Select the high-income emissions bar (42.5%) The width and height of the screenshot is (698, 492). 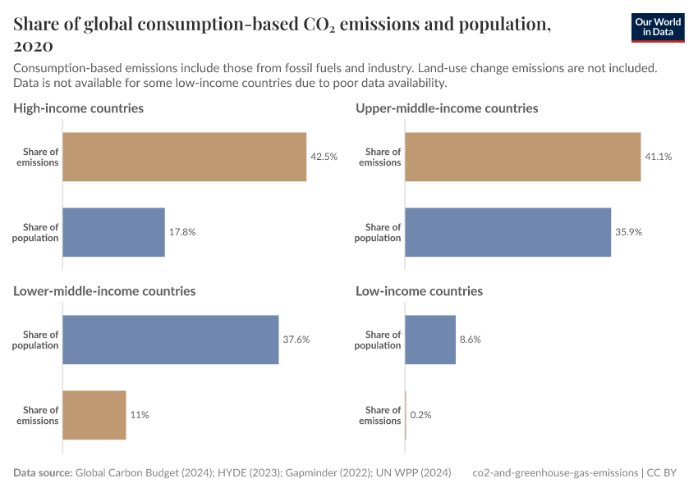click(x=184, y=157)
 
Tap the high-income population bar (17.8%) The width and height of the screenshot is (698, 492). click(x=113, y=232)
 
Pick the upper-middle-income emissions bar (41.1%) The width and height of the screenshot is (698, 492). click(x=522, y=157)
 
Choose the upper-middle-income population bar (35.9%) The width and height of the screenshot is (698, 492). click(x=507, y=232)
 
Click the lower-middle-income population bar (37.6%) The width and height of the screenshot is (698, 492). click(x=171, y=339)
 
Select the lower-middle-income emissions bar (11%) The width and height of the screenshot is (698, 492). click(x=94, y=415)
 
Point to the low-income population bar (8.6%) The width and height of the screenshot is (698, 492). click(x=430, y=339)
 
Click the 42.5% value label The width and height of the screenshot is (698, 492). click(x=324, y=157)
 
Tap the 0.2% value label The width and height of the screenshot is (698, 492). click(x=420, y=415)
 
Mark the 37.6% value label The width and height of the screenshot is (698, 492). click(x=296, y=339)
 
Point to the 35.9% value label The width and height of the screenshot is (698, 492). click(x=628, y=232)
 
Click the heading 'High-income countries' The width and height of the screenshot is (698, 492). click(x=79, y=108)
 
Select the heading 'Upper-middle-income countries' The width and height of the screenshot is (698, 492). click(x=447, y=108)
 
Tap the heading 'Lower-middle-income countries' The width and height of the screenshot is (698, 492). click(x=104, y=291)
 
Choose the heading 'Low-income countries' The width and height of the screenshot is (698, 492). click(x=419, y=291)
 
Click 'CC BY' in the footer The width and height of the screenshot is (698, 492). click(x=668, y=473)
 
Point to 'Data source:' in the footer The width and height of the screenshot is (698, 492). click(x=43, y=473)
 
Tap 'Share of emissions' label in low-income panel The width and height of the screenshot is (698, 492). click(x=380, y=415)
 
